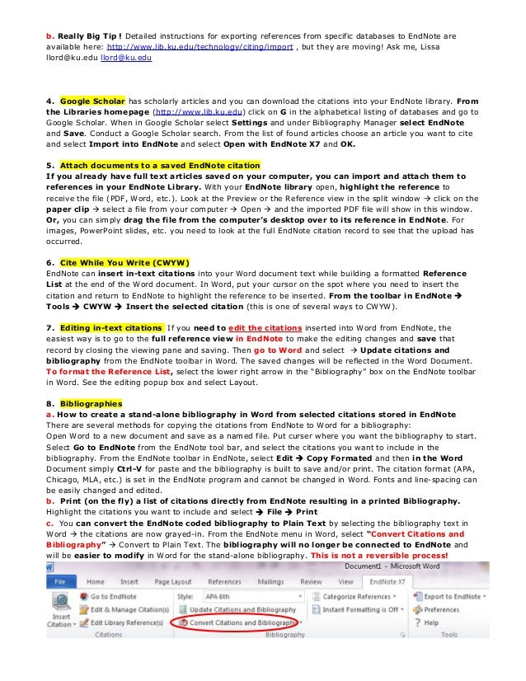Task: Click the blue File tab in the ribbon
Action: [60, 580]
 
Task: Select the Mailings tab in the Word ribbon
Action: [270, 580]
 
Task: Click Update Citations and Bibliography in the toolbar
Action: [239, 609]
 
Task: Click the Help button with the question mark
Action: [427, 622]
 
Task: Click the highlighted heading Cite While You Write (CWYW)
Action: [124, 262]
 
